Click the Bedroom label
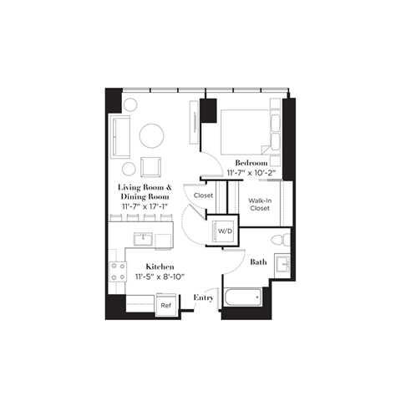[x=251, y=162]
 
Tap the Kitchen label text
[x=160, y=266]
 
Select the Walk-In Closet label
[x=259, y=205]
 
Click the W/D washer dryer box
[x=224, y=231]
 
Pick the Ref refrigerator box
[x=166, y=306]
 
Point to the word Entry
[x=204, y=297]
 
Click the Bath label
[x=259, y=261]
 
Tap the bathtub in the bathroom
[x=242, y=298]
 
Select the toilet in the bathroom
[x=282, y=241]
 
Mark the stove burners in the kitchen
[x=115, y=272]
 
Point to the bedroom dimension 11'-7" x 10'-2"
[x=251, y=173]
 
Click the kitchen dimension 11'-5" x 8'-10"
[x=160, y=277]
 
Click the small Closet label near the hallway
[x=203, y=195]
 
